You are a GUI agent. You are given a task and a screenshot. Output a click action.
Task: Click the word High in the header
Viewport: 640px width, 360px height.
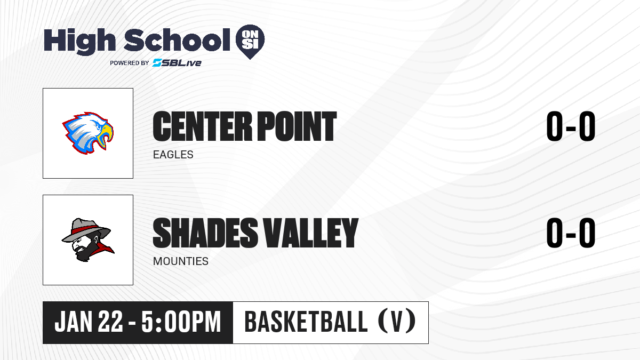[x=79, y=42]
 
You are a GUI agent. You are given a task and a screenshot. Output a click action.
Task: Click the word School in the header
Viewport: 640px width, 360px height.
[x=177, y=40]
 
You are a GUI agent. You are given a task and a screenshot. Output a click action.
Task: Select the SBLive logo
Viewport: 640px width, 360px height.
[x=177, y=63]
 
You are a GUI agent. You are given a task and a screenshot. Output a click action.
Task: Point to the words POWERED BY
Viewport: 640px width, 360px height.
[x=130, y=63]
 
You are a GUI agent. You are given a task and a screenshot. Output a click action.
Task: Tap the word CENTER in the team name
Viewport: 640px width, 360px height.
[x=203, y=126]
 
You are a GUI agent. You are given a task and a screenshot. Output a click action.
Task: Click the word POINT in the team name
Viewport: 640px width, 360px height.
[x=297, y=126]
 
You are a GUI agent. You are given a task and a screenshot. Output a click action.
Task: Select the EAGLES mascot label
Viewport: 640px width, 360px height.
[x=173, y=155]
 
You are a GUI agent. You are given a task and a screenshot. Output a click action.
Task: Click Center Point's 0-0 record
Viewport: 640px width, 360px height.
[x=571, y=126]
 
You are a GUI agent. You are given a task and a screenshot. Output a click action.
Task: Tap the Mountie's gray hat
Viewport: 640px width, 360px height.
[x=86, y=230]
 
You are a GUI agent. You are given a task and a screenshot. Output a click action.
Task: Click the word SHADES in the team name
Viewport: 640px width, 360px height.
[x=205, y=233]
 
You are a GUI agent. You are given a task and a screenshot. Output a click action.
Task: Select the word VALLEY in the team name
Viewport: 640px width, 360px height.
[x=310, y=233]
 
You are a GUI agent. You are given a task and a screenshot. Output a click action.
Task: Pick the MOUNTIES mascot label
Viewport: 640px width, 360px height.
[x=181, y=261]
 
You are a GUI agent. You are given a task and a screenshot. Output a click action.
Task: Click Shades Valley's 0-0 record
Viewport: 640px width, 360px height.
[x=571, y=233]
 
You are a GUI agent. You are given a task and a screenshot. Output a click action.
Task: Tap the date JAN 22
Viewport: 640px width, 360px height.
[x=89, y=322]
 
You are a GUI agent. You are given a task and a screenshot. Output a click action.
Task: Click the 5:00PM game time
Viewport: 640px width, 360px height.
[x=181, y=322]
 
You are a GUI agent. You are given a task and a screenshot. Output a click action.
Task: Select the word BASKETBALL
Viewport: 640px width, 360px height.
[x=306, y=322]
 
